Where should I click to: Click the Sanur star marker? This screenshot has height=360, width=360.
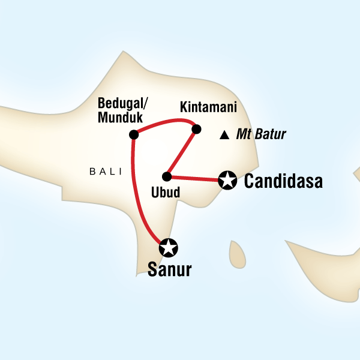click(169, 247)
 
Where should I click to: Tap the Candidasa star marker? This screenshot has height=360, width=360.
click(227, 179)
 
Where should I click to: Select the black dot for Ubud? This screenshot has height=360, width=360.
click(167, 176)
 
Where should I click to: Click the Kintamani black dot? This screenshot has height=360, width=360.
click(195, 128)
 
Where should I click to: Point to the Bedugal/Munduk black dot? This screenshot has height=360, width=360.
click(133, 134)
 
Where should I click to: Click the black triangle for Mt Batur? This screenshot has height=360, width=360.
click(224, 135)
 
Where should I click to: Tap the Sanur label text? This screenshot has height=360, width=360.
click(169, 270)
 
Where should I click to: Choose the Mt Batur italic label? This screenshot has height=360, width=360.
click(260, 135)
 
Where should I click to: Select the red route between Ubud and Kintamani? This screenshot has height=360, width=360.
click(181, 152)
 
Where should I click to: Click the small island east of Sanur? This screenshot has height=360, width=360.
click(237, 254)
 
